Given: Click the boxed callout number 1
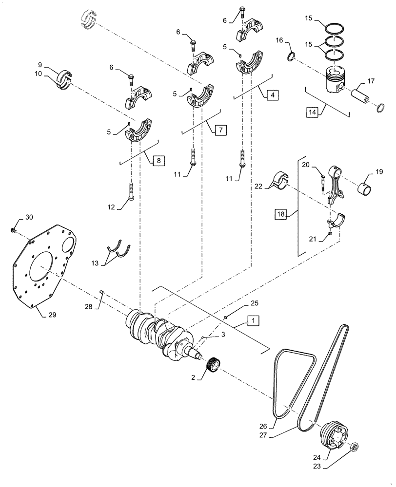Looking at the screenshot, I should pos(254,320).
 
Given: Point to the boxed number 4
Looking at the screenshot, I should pos(273,94).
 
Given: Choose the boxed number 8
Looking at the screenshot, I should pos(158,160).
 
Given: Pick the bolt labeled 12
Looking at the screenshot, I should pos(131,191).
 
